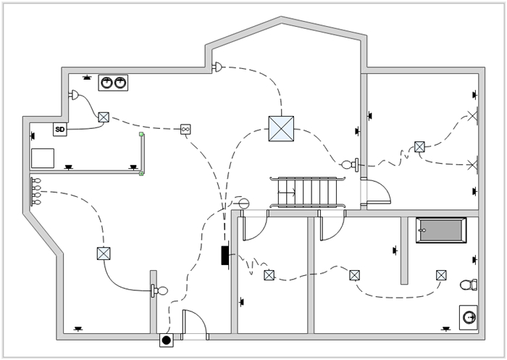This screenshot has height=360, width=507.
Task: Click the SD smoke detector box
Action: pos(59,130)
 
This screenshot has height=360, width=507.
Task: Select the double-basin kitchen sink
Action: pos(113,83)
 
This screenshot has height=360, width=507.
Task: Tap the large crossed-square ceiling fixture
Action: pos(280,128)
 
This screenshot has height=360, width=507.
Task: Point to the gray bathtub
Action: pos(441,230)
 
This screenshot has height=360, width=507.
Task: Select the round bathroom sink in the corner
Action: pos(469,317)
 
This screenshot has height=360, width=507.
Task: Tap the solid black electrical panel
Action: pos(225,255)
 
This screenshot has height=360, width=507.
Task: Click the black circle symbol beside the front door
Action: pos(166,340)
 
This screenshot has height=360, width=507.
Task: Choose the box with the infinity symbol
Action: pos(185,129)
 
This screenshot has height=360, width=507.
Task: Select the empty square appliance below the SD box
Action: pos(43,158)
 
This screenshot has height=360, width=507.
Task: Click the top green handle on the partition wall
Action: pos(142,134)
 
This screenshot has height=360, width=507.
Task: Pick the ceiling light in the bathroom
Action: pos(441,275)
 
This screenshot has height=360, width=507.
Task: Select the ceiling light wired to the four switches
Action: pos(104,254)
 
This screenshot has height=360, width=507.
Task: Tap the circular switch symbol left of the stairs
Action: pos(243,204)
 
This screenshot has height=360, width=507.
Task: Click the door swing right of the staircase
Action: pos(377,191)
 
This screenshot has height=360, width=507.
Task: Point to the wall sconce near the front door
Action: pos(159,291)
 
